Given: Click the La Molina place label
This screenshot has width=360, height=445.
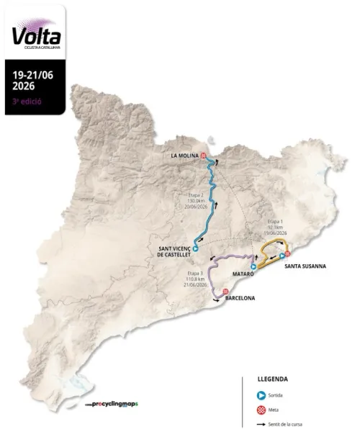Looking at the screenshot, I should pos(184,156).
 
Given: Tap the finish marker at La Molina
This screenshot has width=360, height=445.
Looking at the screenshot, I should pos(204,156).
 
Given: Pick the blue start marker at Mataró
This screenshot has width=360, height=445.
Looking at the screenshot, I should pos(253,266).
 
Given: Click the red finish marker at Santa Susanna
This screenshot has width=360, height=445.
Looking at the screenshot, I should pos(287,253).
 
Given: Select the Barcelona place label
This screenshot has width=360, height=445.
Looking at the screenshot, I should pos(240,297).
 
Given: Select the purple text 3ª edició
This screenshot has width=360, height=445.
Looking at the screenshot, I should pos(27,101).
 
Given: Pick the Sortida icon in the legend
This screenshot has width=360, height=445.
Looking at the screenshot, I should pos(261,395).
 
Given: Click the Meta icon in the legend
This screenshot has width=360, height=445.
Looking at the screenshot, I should pos(261,409).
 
